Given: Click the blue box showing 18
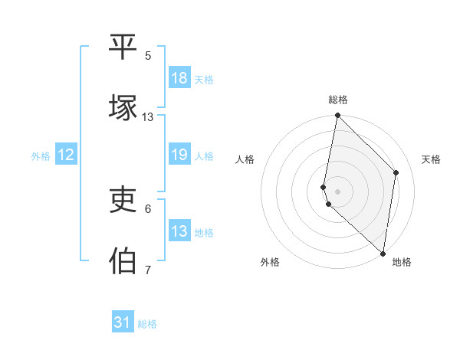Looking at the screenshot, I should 179,78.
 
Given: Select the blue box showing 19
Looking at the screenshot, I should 179,155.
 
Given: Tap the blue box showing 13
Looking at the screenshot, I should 179,231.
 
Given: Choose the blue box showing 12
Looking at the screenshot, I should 66,155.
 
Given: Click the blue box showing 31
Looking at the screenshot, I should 123,322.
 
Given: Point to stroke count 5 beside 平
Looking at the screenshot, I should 148,56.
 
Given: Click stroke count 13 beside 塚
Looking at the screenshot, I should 148,117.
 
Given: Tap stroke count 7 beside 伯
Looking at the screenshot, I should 148,270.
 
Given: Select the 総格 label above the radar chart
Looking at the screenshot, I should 338,100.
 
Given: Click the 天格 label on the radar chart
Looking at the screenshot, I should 432,159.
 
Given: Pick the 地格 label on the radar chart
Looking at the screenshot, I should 402,262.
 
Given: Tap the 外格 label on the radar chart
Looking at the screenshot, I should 270,262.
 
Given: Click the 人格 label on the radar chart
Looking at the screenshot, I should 245,159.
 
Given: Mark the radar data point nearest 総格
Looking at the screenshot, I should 337,116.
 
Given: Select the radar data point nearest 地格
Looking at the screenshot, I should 383,253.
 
